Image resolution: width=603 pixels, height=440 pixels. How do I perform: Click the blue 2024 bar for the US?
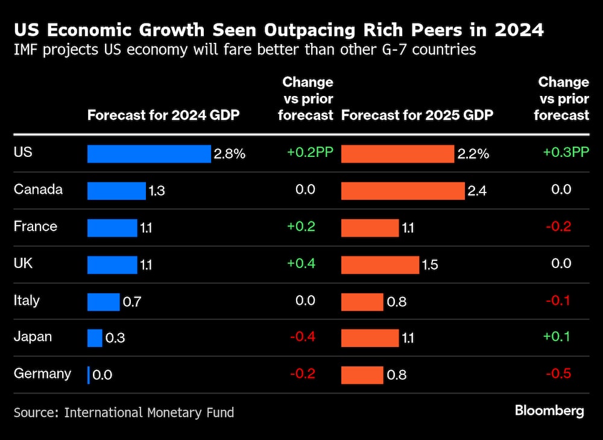point(149,154)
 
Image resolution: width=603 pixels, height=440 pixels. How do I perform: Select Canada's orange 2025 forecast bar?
point(403,191)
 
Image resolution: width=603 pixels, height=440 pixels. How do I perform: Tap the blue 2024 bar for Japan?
point(95,338)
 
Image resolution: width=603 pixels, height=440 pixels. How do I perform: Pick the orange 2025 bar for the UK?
point(380,265)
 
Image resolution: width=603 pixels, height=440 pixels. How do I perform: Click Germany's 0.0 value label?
point(103,375)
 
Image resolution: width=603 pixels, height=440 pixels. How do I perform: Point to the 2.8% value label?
point(229,154)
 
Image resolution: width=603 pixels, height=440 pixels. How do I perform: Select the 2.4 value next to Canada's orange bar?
point(476,191)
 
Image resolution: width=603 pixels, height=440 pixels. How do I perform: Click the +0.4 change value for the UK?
point(301,263)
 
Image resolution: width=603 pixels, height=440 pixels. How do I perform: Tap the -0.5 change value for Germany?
point(558,374)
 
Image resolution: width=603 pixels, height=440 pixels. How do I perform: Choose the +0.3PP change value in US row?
point(566,153)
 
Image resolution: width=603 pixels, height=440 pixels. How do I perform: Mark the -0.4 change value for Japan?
point(302,337)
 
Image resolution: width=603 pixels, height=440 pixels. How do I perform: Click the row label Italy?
point(27,300)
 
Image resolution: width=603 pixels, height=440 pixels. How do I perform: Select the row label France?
point(36,226)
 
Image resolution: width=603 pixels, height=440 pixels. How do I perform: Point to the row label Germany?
point(42,374)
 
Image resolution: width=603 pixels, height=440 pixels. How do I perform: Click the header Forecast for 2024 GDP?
point(163,115)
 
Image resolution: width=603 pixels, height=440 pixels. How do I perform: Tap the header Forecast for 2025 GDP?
point(417,115)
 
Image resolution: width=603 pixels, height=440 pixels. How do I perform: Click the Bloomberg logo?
point(549,411)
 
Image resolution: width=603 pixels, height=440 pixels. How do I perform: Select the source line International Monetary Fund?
point(124,413)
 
